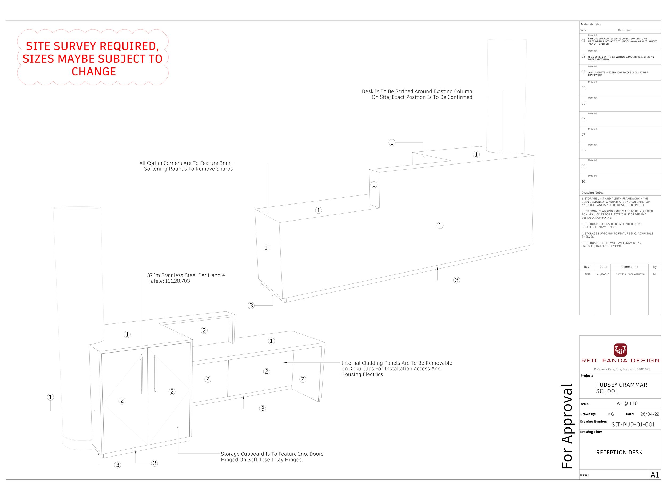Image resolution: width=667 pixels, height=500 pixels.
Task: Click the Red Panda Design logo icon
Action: tap(620, 350)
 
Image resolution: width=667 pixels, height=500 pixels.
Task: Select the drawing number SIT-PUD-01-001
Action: tap(633, 425)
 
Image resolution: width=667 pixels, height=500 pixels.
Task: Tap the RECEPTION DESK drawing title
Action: tap(619, 452)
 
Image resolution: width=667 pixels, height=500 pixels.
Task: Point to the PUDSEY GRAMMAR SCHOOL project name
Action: tap(621, 388)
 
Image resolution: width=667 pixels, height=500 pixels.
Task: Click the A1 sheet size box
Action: tap(655, 475)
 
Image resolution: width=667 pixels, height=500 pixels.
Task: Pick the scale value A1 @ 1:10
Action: tap(627, 403)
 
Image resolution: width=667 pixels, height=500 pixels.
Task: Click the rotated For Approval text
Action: tap(567, 426)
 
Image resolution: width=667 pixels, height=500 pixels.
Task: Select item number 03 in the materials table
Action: tap(583, 72)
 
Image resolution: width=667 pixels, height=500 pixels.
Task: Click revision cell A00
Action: tap(587, 274)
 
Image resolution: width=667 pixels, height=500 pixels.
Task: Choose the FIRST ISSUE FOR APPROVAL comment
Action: tap(630, 274)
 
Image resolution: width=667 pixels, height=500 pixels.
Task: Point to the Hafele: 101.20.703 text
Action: tap(169, 281)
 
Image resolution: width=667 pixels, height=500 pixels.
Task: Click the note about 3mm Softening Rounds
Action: tap(186, 166)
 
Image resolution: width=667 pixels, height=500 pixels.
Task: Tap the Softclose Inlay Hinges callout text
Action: tap(272, 457)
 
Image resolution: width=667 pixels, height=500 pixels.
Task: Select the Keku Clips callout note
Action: tap(396, 369)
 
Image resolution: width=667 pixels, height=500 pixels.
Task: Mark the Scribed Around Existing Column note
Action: tap(417, 94)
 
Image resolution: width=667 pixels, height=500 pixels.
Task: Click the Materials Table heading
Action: tap(591, 25)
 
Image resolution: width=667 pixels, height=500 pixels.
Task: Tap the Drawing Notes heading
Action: tap(593, 193)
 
